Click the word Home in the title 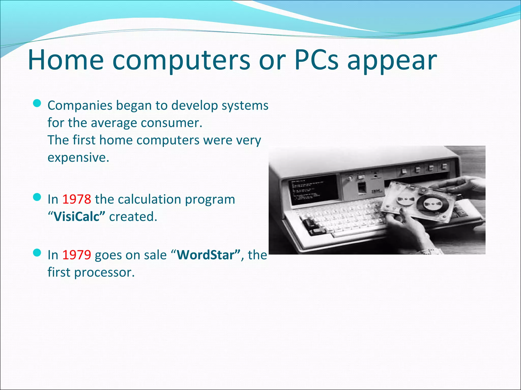coord(66,60)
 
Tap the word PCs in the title coord(316,60)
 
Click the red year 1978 coord(77,199)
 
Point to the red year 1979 coord(77,255)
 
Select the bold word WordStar coord(208,255)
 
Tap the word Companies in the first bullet coord(80,106)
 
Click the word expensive coord(78,158)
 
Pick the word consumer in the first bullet coord(171,123)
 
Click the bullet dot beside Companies coord(37,103)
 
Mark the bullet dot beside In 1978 coord(37,197)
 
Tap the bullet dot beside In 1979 coord(37,253)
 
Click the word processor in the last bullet coord(104,272)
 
